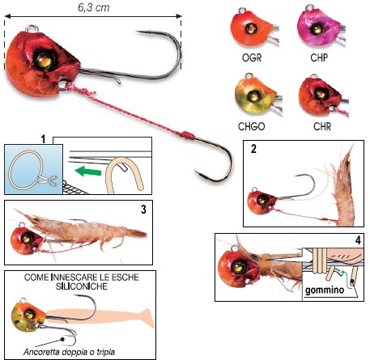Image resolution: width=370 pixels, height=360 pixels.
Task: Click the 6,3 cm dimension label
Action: [x=94, y=7]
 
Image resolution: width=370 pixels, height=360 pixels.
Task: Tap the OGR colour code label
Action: [x=252, y=57]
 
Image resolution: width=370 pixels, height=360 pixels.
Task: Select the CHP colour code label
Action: [x=319, y=57]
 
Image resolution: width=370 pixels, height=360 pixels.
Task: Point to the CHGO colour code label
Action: [x=252, y=126]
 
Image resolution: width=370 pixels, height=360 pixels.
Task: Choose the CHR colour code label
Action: [x=322, y=126]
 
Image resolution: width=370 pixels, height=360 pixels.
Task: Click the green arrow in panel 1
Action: [x=88, y=172]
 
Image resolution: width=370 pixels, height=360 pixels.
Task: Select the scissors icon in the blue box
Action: [x=48, y=180]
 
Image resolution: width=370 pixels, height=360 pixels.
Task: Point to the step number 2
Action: [x=253, y=149]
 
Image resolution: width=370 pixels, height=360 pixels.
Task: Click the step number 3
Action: [x=143, y=210]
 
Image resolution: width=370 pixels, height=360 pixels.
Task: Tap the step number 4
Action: [x=358, y=240]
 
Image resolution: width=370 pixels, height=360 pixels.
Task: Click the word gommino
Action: [x=325, y=290]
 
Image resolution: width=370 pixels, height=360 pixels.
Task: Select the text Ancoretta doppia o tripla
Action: [x=69, y=352]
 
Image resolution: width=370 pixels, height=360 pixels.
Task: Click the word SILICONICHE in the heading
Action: [x=82, y=286]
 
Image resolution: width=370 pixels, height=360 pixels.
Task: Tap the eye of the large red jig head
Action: [x=44, y=61]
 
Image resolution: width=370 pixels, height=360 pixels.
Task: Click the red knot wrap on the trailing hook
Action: [x=187, y=135]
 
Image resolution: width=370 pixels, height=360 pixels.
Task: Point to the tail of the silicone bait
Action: [x=147, y=318]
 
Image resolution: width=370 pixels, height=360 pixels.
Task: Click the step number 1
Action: [x=43, y=139]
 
